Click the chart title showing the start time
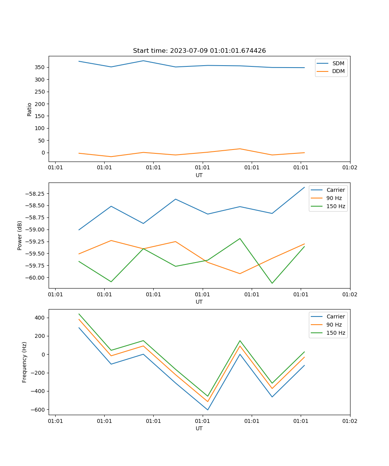pyautogui.click(x=199, y=51)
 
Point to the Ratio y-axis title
pyautogui.click(x=30, y=109)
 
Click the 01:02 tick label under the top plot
pyautogui.click(x=350, y=168)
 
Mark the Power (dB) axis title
pyautogui.click(x=20, y=235)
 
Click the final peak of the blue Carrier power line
pyautogui.click(x=304, y=187)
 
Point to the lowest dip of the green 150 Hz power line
pyautogui.click(x=272, y=283)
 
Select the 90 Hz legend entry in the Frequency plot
pyautogui.click(x=334, y=325)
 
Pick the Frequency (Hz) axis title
pyautogui.click(x=25, y=362)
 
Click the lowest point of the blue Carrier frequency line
pyautogui.click(x=208, y=410)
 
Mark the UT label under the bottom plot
pyautogui.click(x=199, y=428)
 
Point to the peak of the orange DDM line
pyautogui.click(x=240, y=149)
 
